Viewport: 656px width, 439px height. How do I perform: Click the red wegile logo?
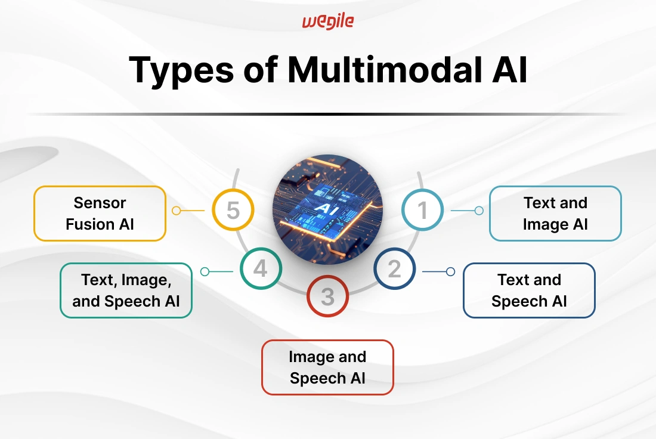tap(328, 21)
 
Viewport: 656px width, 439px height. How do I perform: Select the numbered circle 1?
tap(423, 210)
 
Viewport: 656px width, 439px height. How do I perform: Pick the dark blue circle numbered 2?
tap(395, 268)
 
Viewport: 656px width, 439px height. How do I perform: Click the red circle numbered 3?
tap(327, 296)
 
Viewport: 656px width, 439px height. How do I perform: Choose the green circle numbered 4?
tap(261, 268)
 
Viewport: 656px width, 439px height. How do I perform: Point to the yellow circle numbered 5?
tap(233, 210)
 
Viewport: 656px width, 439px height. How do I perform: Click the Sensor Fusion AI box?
tap(100, 214)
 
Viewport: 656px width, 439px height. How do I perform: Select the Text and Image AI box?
tap(555, 214)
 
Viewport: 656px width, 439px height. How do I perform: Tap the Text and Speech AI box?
tap(529, 290)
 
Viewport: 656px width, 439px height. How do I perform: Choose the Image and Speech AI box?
tap(327, 367)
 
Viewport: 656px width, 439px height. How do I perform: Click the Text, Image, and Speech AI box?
tap(126, 290)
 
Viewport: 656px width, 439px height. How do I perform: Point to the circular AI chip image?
tap(327, 209)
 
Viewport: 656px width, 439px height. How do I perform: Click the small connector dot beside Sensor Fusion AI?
tap(177, 211)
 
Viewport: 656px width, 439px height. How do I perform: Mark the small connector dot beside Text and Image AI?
tap(479, 211)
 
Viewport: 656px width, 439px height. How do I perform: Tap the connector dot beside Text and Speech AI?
tap(451, 271)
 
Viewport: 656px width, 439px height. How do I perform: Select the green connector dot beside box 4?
tap(205, 271)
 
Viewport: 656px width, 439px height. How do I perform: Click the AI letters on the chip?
tap(325, 208)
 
